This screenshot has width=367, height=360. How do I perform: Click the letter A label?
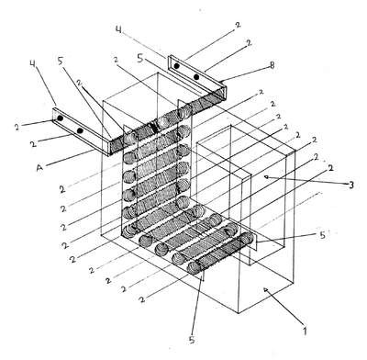click(x=39, y=168)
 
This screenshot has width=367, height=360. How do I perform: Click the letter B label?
click(x=272, y=65)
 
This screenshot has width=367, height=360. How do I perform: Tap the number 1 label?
click(x=304, y=331)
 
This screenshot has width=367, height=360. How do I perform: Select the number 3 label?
click(x=351, y=185)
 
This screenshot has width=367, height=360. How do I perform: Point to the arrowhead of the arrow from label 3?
click(x=267, y=176)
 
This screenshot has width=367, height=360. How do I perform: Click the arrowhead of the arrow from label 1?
click(x=266, y=289)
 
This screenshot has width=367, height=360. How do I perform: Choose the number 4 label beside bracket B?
click(x=118, y=29)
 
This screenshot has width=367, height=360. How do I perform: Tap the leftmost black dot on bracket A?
click(x=61, y=118)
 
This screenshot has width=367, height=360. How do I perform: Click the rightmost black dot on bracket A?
click(x=80, y=130)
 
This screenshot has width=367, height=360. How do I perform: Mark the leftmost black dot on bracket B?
click(x=176, y=65)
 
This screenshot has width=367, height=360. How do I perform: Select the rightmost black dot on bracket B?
click(x=196, y=76)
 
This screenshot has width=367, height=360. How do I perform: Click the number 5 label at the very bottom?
click(x=192, y=340)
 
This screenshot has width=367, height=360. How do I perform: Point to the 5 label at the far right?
click(x=322, y=235)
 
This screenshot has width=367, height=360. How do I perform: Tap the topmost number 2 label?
click(x=238, y=26)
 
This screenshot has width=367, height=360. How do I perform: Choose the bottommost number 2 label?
click(x=141, y=298)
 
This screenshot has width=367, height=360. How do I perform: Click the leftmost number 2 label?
click(x=17, y=128)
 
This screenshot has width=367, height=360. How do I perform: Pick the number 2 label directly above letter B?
click(x=249, y=43)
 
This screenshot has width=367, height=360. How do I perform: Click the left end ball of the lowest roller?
click(x=194, y=268)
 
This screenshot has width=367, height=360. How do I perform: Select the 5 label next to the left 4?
click(x=60, y=62)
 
